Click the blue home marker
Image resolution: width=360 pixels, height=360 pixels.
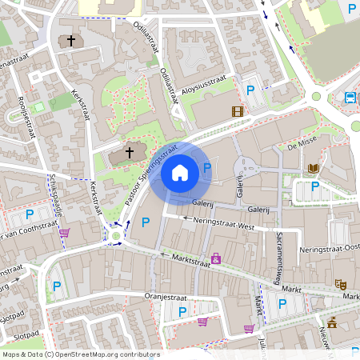pyautogui.click(x=180, y=172)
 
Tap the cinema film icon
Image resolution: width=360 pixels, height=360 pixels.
pyautogui.click(x=237, y=111)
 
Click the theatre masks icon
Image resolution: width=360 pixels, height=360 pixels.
pyautogui.click(x=340, y=283)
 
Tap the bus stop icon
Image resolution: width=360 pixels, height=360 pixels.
pyautogui.click(x=350, y=98)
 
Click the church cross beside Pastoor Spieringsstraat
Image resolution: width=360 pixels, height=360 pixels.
pyautogui.click(x=130, y=152)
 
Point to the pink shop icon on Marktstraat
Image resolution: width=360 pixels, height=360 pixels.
pyautogui.click(x=215, y=258)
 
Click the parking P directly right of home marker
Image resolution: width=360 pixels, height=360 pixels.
pyautogui.click(x=208, y=168)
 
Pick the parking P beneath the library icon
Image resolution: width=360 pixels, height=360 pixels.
pyautogui.click(x=314, y=186)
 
